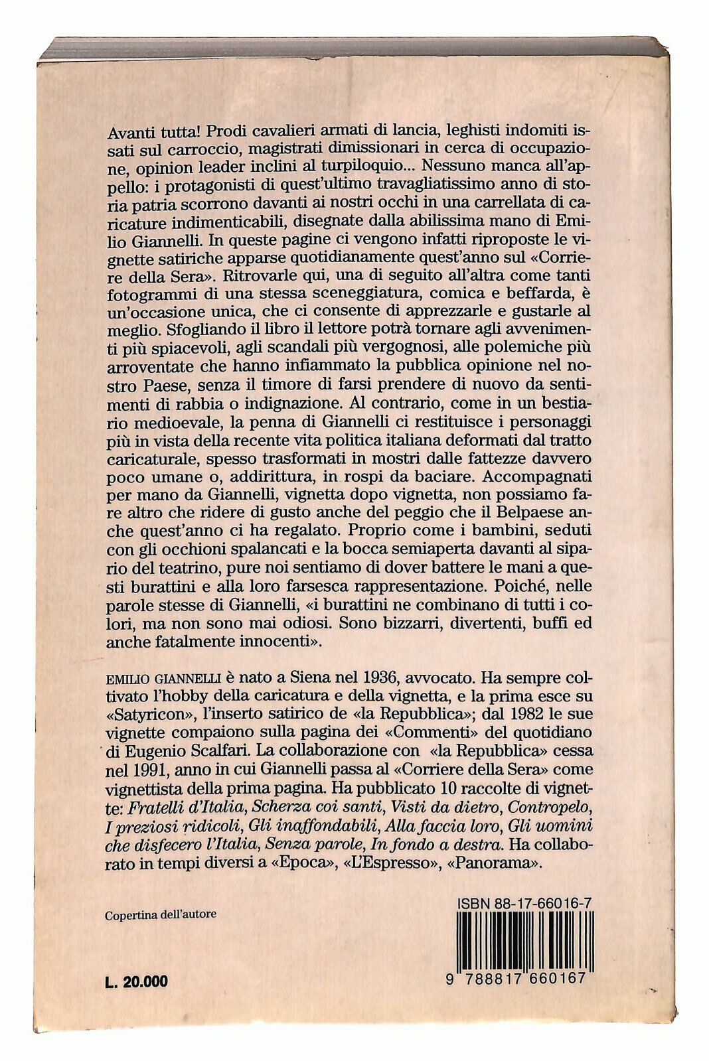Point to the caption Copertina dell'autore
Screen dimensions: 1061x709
point(161,914)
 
